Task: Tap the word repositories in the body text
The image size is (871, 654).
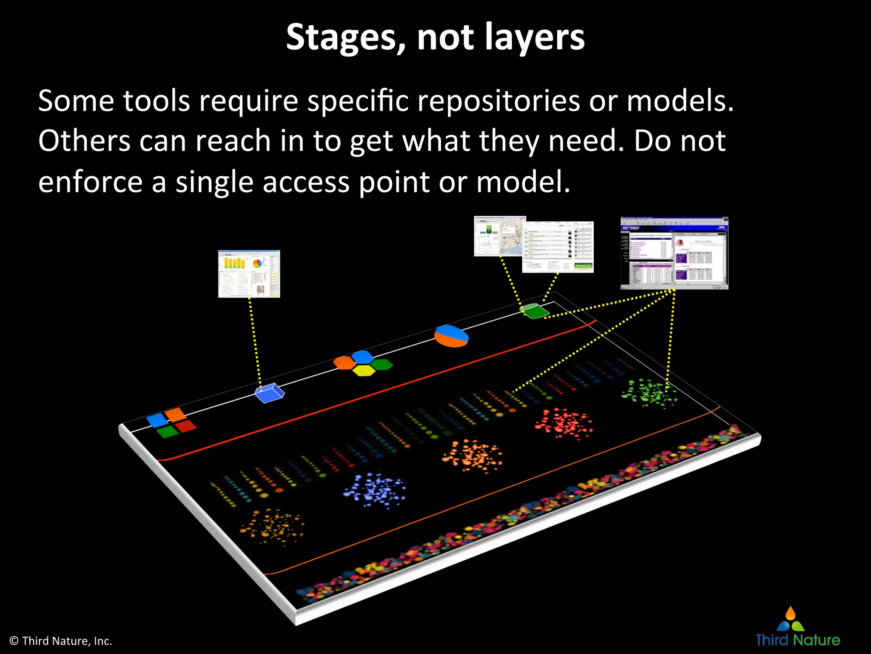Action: click(x=498, y=101)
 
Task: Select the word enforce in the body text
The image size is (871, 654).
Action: click(x=90, y=182)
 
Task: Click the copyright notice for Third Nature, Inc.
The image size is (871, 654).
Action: click(x=61, y=641)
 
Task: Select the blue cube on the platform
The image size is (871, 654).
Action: click(x=269, y=393)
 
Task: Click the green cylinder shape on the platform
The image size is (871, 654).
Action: click(x=535, y=310)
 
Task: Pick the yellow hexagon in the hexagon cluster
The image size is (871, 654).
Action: click(x=364, y=370)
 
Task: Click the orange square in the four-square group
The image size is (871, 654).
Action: click(x=175, y=414)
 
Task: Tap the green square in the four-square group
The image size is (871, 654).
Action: click(x=167, y=432)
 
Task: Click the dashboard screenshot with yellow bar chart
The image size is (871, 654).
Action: click(x=249, y=274)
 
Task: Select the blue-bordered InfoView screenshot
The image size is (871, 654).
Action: click(x=675, y=253)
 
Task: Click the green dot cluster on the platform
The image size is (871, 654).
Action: click(x=649, y=393)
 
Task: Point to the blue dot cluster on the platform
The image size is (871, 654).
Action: click(x=374, y=490)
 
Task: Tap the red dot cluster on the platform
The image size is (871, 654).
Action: click(x=564, y=424)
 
